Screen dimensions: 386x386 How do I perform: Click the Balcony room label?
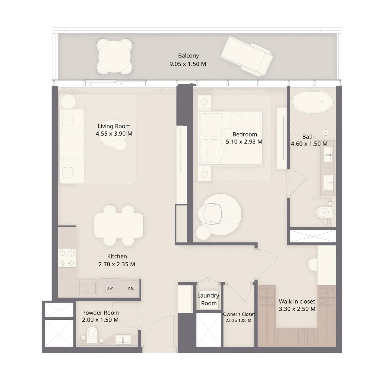pyautogui.click(x=188, y=56)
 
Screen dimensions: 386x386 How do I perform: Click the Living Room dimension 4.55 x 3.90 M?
pyautogui.click(x=114, y=134)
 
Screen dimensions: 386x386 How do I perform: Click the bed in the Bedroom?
pyautogui.click(x=230, y=138)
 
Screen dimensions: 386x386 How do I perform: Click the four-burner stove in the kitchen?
pyautogui.click(x=67, y=258)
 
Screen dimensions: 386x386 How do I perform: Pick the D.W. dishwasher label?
pyautogui.click(x=110, y=288)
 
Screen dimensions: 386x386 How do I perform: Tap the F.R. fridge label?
pyautogui.click(x=131, y=289)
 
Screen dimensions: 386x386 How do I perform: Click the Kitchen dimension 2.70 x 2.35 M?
pyautogui.click(x=117, y=264)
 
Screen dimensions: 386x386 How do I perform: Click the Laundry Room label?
pyautogui.click(x=208, y=299)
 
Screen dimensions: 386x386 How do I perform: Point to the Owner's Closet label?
pyautogui.click(x=239, y=314)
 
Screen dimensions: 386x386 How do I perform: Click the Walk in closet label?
pyautogui.click(x=297, y=301)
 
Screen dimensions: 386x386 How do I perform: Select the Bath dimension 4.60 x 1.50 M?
pyautogui.click(x=309, y=144)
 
